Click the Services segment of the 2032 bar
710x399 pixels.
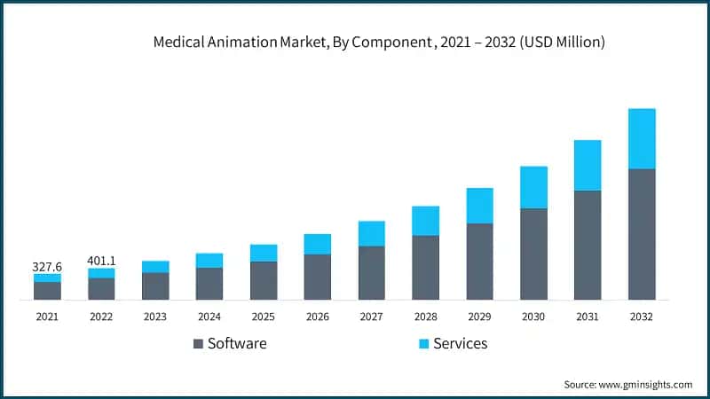click(642, 138)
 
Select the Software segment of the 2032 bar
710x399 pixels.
click(642, 234)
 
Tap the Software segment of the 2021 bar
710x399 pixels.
click(47, 291)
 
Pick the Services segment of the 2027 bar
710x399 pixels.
click(372, 233)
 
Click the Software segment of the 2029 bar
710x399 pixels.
click(480, 262)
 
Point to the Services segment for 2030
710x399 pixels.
click(533, 187)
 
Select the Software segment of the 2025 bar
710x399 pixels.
click(264, 280)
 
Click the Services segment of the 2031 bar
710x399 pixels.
click(588, 165)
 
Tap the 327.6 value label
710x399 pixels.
click(47, 266)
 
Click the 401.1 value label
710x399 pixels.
click(101, 261)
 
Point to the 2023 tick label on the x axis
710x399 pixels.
click(155, 316)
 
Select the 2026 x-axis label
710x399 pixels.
click(318, 316)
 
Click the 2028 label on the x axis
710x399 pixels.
click(426, 316)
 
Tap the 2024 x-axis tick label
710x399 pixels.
click(209, 316)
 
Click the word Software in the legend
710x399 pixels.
click(236, 343)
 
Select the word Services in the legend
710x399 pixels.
click(460, 343)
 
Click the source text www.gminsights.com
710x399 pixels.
click(646, 384)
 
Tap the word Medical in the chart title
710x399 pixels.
click(178, 42)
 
